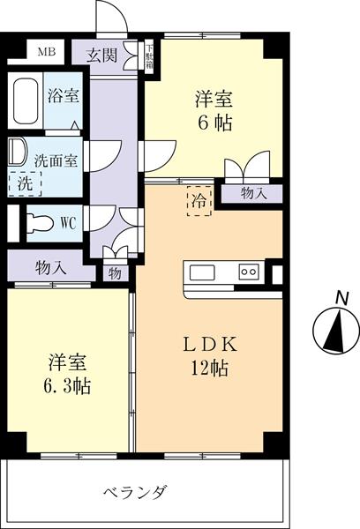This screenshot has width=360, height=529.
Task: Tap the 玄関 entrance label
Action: pos(101,56)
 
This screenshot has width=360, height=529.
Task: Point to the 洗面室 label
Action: pos(56,160)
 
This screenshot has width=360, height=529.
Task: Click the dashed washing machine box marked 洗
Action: pos(24,183)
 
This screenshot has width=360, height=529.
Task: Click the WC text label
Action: pos(69,222)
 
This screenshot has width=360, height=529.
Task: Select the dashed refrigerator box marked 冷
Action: pos(199,201)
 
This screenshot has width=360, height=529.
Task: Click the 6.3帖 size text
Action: pos(69,385)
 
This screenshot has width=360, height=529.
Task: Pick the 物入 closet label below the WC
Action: pos(49,264)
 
